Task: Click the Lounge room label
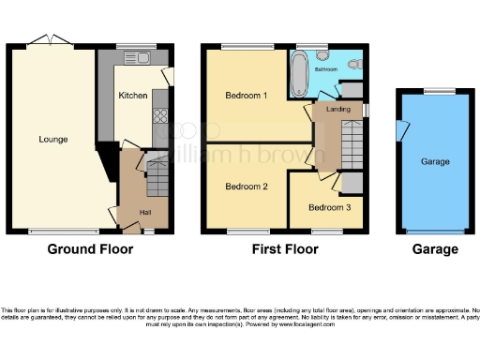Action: [52, 140]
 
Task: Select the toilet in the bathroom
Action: [353, 63]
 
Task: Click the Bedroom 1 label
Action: [247, 96]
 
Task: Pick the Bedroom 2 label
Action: [247, 187]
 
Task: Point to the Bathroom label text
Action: [326, 69]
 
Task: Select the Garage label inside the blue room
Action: [436, 160]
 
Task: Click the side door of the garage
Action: [400, 130]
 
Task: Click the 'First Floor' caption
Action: [285, 249]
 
